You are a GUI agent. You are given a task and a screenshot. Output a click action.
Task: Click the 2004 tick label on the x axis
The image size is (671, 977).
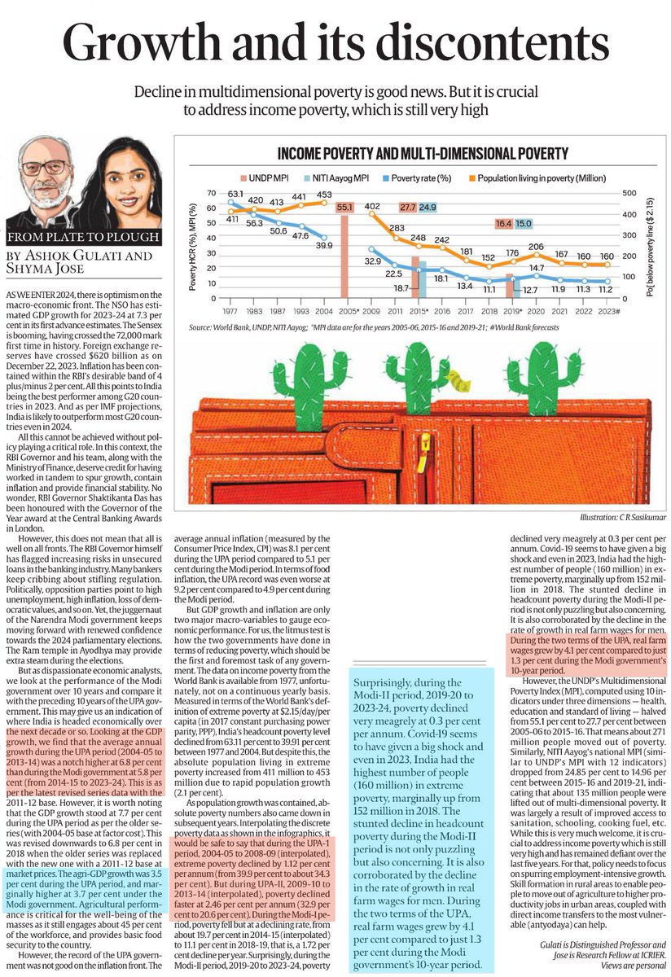coord(323,311)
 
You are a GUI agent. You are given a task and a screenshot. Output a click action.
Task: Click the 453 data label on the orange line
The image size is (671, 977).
coord(323,194)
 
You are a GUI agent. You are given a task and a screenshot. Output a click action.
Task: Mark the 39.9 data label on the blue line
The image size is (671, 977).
coord(323,245)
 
